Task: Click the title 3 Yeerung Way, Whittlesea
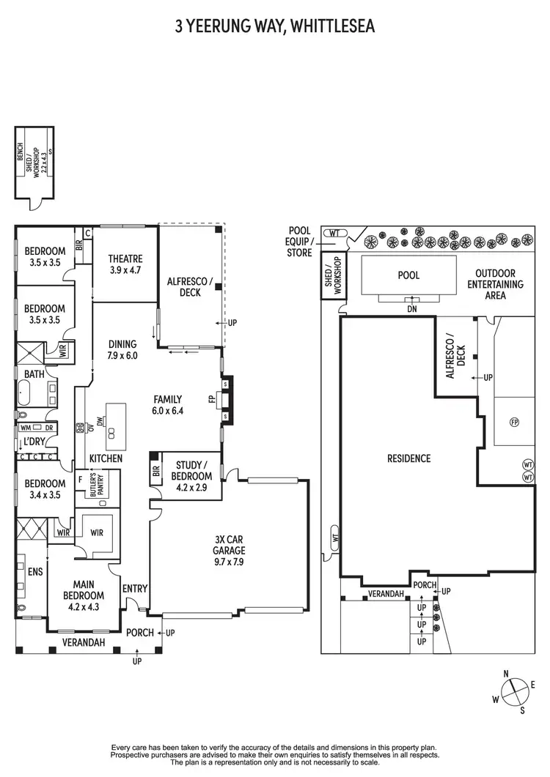(x=274, y=27)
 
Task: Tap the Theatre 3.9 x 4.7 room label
(x=125, y=264)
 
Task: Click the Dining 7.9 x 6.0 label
(x=122, y=349)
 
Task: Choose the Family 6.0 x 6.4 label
(x=167, y=405)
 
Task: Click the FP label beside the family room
(x=212, y=400)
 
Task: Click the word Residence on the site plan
(x=408, y=458)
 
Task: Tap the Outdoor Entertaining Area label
(x=495, y=284)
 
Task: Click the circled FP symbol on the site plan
(x=514, y=423)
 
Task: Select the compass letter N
(x=505, y=674)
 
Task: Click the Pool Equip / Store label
(x=301, y=242)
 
